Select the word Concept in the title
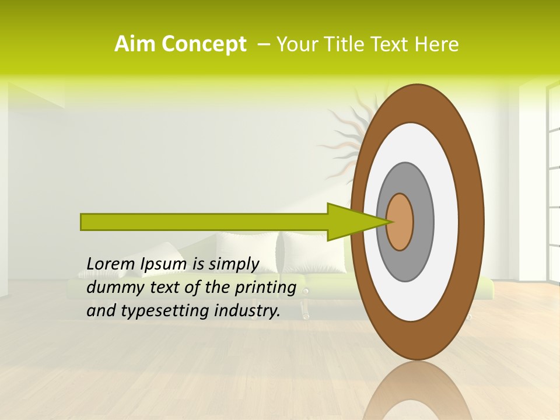tap(204, 45)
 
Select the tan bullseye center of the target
tap(400, 222)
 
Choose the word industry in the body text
tap(245, 311)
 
